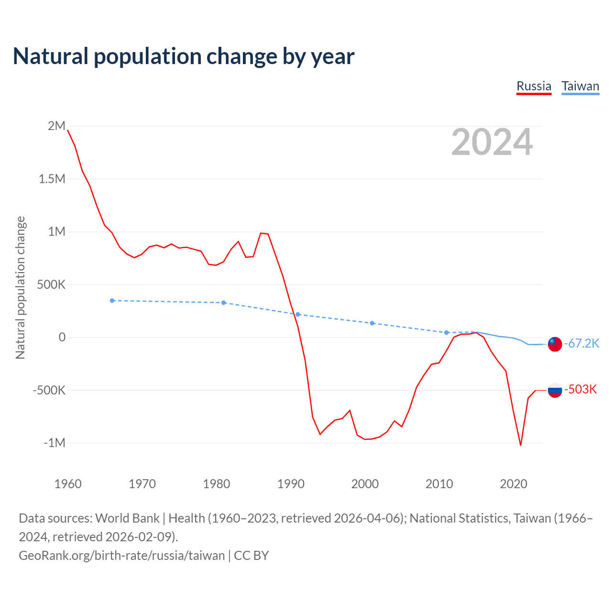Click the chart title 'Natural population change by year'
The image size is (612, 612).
[184, 56]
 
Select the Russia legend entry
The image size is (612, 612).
[534, 87]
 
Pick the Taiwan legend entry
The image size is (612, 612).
[580, 87]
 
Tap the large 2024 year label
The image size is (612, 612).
[492, 142]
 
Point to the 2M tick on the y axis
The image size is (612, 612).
[56, 126]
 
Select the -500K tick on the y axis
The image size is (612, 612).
[49, 390]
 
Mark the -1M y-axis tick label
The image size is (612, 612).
[55, 443]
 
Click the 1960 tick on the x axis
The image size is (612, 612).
[68, 484]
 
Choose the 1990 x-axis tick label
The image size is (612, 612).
[291, 484]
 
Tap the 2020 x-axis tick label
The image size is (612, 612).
[514, 484]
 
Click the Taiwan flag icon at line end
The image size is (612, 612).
[555, 344]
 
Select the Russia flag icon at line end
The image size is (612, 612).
[555, 390]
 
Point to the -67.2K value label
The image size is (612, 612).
[582, 343]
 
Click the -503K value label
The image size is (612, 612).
[581, 389]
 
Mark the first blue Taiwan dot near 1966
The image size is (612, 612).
[112, 301]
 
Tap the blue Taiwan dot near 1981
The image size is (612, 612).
[223, 303]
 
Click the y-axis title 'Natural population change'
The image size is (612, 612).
[20, 287]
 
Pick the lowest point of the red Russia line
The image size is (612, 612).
[521, 445]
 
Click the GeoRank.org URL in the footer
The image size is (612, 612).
[121, 556]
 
